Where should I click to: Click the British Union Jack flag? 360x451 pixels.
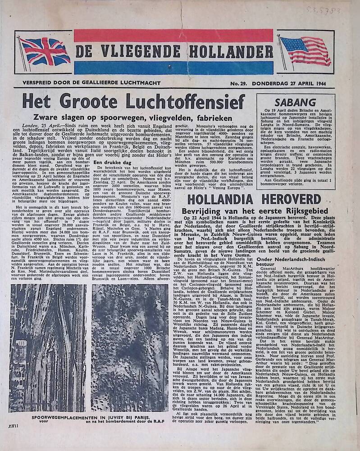tap(44, 51)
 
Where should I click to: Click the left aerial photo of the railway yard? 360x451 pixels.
tap(48, 347)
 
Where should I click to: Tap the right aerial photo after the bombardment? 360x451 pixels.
tap(130, 347)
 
